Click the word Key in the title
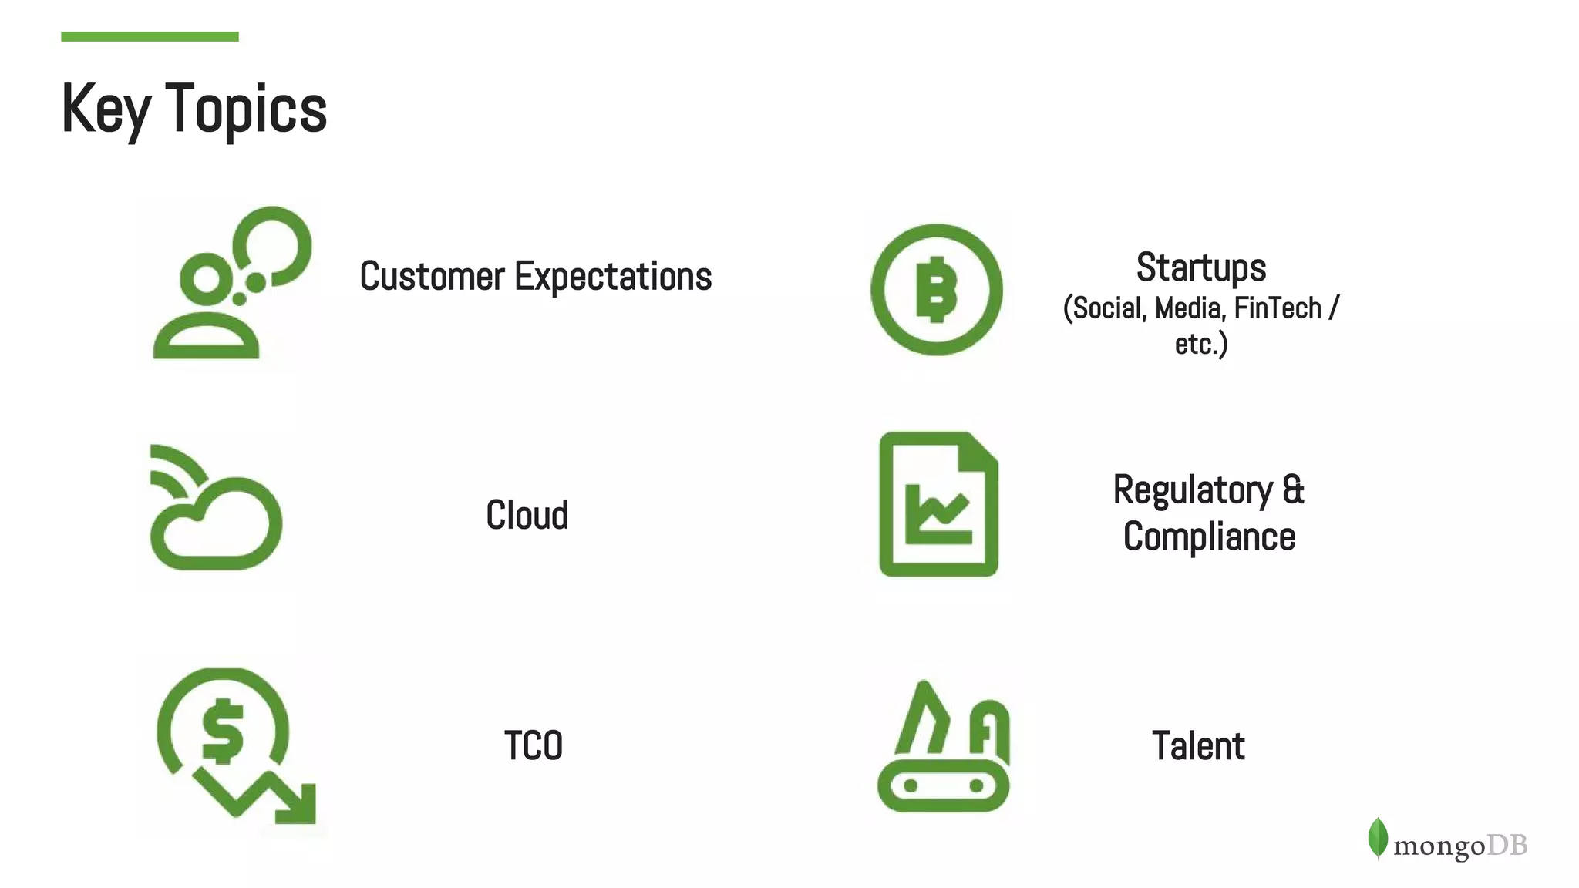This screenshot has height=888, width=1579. pyautogui.click(x=106, y=109)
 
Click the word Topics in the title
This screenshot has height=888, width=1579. pyautogui.click(x=246, y=109)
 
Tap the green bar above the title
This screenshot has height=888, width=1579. pyautogui.click(x=150, y=36)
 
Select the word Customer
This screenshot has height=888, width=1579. pyautogui.click(x=432, y=276)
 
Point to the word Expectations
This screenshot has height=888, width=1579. pyautogui.click(x=613, y=276)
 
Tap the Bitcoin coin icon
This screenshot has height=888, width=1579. pyautogui.click(x=936, y=289)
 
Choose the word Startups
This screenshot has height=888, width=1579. pyautogui.click(x=1200, y=267)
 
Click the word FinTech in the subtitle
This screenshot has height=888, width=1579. pyautogui.click(x=1278, y=308)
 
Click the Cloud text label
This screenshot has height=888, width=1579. pyautogui.click(x=527, y=515)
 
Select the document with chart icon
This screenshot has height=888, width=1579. pyautogui.click(x=938, y=504)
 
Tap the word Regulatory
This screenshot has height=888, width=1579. pyautogui.click(x=1193, y=490)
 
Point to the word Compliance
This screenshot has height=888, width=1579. pyautogui.click(x=1209, y=537)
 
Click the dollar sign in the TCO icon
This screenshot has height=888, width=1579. pyautogui.click(x=222, y=731)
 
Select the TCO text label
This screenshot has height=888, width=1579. pyautogui.click(x=533, y=746)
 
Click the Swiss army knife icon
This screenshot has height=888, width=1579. pyautogui.click(x=944, y=748)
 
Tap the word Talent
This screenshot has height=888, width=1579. pyautogui.click(x=1198, y=746)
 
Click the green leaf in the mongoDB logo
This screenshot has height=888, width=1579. pyautogui.click(x=1377, y=838)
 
